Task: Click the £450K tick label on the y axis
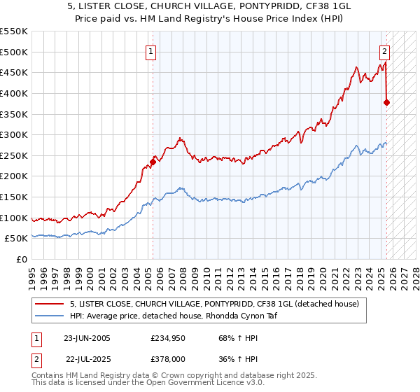15,72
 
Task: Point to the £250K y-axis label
15,155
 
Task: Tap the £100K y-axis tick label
15,218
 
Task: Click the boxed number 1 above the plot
152,50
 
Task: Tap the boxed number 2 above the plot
385,50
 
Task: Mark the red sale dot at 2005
153,162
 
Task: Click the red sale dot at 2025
387,102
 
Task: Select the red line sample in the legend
49,303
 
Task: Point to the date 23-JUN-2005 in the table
87,338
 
